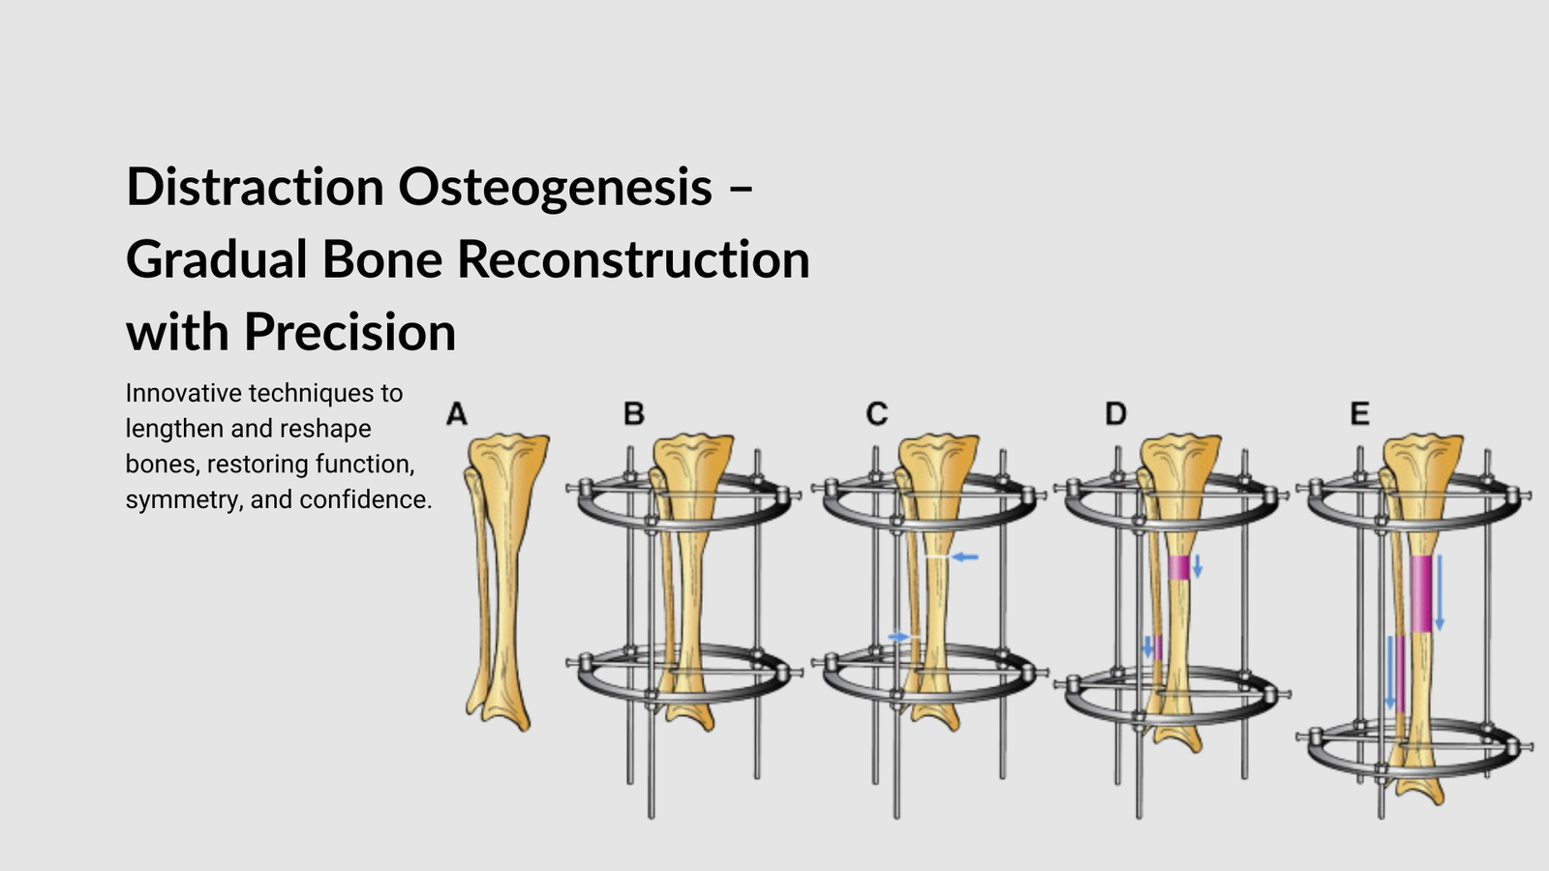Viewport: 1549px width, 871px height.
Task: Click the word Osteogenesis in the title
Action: pos(555,188)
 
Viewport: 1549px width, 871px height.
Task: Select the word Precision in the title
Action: pos(349,333)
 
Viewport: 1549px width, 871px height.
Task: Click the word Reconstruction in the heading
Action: pos(633,259)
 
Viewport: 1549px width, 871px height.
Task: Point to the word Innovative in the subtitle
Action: pos(183,393)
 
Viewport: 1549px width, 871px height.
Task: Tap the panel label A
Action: pos(456,414)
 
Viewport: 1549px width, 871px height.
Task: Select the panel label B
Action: pos(633,414)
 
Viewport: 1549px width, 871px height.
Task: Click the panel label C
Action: pos(876,414)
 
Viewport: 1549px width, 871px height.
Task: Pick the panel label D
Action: pos(1115,414)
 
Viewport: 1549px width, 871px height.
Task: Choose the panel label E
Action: pos(1359,414)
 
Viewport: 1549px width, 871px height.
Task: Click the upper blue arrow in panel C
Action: pos(964,556)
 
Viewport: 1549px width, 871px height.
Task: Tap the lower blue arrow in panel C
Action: pos(899,636)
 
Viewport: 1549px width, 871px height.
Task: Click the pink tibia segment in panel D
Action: pos(1177,567)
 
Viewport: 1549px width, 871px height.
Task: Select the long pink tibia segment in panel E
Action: pos(1420,593)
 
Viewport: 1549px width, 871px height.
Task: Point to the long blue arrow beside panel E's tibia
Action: pos(1439,592)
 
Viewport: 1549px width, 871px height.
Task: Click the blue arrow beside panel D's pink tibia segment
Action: pos(1198,566)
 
